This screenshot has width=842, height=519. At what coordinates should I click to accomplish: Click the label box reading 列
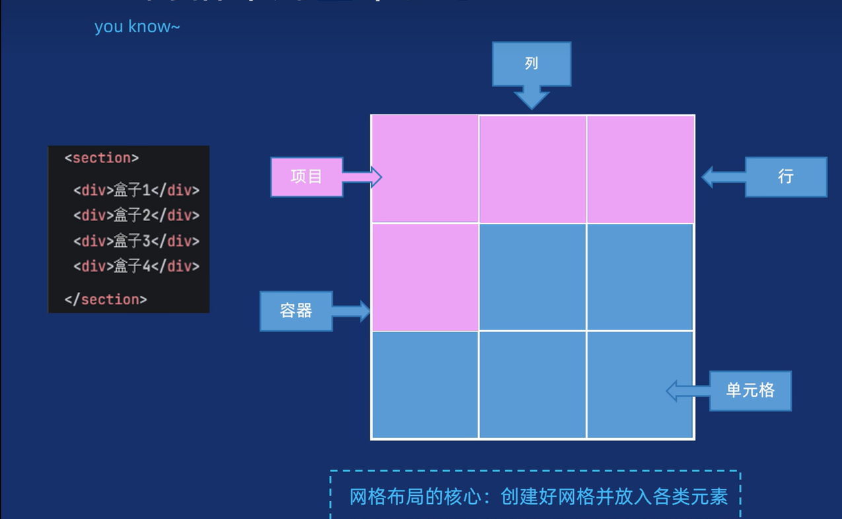coord(531,63)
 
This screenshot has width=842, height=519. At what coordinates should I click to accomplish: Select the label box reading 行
coord(785,176)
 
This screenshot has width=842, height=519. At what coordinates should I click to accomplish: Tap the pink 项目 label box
coord(306,176)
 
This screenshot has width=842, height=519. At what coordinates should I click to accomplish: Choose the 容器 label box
coord(296,310)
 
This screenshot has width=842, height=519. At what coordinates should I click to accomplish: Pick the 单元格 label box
coord(750,390)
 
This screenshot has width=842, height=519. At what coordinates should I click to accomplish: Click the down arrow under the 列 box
coord(531,97)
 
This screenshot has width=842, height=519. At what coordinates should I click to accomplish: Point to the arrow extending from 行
coord(723,177)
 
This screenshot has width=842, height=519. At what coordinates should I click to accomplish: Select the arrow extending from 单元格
coord(687,391)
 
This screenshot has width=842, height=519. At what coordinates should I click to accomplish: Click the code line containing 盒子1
coord(136,190)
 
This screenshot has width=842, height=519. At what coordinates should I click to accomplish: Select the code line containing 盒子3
coord(136,241)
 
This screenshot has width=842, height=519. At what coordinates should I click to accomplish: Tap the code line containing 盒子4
coord(136,266)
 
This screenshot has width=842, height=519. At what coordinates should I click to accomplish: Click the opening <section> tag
coord(102,158)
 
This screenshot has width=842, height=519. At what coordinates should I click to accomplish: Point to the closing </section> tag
coord(106,299)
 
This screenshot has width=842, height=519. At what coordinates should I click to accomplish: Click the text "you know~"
coord(137,27)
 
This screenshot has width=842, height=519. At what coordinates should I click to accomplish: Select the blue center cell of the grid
coord(532,277)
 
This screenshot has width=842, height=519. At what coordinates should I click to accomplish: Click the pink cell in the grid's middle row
coord(425,277)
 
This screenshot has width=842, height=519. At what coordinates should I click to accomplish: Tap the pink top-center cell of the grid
coord(532,169)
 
